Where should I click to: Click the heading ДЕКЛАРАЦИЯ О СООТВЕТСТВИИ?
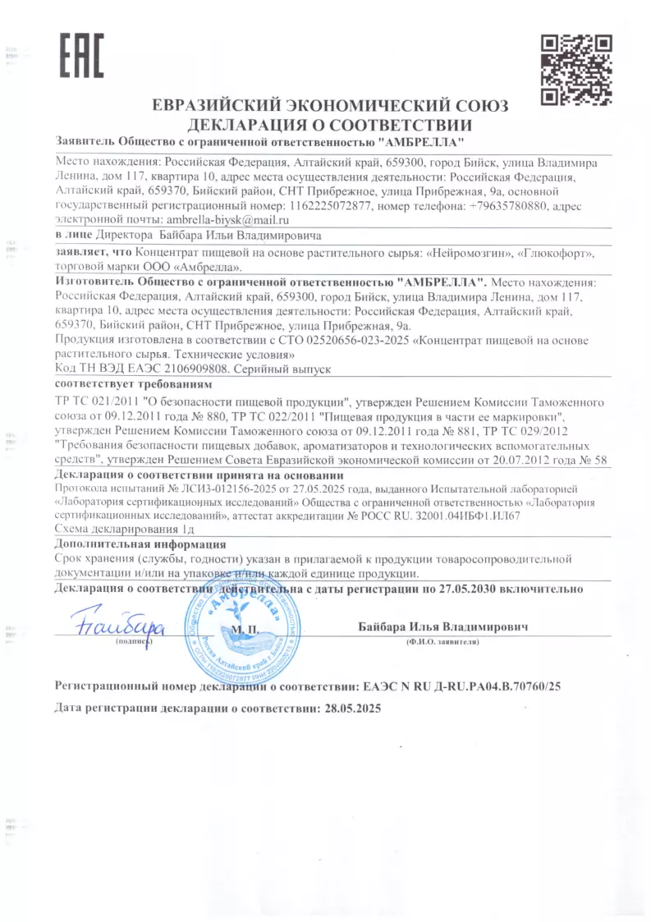pos(330,126)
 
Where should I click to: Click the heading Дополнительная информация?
pos(140,544)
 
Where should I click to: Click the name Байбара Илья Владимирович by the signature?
pos(442,627)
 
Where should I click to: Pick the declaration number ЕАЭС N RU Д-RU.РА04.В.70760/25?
pos(462,685)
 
